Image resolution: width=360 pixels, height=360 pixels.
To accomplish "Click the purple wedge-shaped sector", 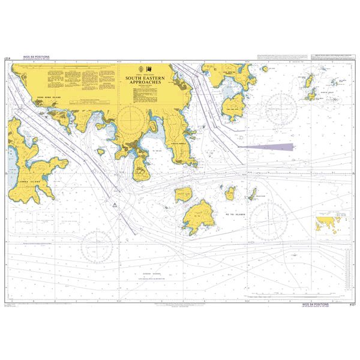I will [x=270, y=146].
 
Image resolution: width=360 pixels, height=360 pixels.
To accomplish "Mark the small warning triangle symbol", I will [x=113, y=205].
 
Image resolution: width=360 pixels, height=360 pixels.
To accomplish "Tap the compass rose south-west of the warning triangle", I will [x=97, y=245].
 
